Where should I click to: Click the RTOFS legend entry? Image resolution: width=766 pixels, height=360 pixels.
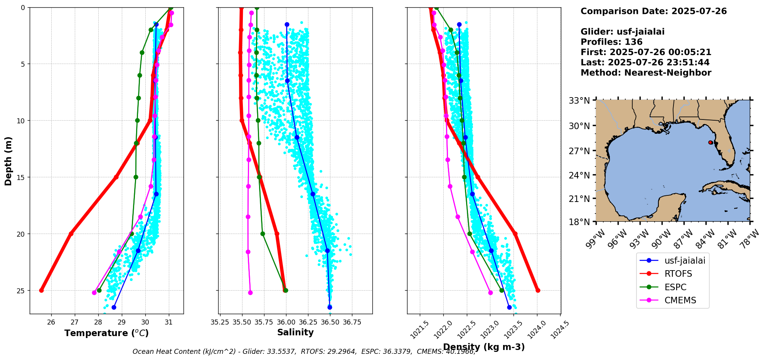click(678, 274)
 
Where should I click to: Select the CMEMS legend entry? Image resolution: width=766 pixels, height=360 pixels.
click(680, 300)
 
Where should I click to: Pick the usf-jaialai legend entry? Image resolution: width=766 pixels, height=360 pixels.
click(685, 261)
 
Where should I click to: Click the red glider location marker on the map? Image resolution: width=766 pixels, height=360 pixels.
click(710, 143)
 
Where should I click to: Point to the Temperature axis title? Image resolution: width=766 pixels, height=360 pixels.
click(106, 333)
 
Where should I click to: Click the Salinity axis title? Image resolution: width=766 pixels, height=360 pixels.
click(295, 332)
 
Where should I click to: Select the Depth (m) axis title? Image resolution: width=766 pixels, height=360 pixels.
click(8, 161)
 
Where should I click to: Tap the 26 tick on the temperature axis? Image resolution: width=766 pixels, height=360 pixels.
click(51, 322)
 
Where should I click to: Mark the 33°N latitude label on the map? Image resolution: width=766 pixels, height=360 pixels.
click(579, 101)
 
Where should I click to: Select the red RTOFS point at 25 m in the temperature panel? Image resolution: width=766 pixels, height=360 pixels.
click(41, 290)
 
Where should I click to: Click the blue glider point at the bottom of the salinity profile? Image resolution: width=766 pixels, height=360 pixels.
click(330, 307)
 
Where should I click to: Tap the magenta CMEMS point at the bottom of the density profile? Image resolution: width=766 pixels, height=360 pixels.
click(490, 293)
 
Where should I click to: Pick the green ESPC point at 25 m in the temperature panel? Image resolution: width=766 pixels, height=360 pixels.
click(99, 290)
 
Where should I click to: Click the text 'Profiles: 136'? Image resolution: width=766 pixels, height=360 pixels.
click(611, 42)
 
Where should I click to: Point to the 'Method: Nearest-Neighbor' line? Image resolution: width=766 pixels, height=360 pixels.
click(646, 72)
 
